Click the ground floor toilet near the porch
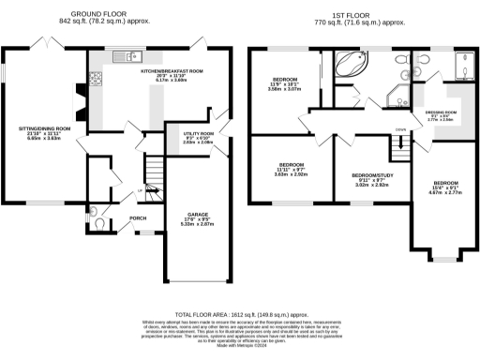point(100,225)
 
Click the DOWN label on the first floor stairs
point(400,130)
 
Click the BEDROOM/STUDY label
point(371,175)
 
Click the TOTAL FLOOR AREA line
point(239,317)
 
